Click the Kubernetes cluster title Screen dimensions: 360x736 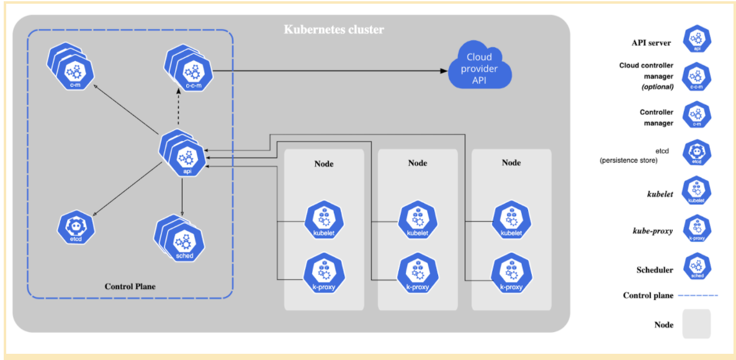pyautogui.click(x=334, y=30)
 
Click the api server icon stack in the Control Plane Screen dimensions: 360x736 pyautogui.click(x=184, y=155)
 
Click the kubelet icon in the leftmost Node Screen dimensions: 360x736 pyautogui.click(x=323, y=220)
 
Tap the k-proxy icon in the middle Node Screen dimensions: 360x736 pyautogui.click(x=417, y=274)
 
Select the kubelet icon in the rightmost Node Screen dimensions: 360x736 pyautogui.click(x=511, y=220)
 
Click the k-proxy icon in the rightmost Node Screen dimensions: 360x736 pyautogui.click(x=511, y=274)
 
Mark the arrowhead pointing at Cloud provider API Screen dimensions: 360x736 pyautogui.click(x=444, y=71)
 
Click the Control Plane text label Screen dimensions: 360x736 pyautogui.click(x=130, y=287)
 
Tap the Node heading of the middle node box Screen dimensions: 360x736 pyautogui.click(x=418, y=163)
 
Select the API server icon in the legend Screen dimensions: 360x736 pyautogui.click(x=696, y=39)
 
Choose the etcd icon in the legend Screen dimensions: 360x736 pyautogui.click(x=696, y=152)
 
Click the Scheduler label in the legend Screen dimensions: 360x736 pyautogui.click(x=655, y=270)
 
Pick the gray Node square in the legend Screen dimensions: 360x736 pyautogui.click(x=696, y=324)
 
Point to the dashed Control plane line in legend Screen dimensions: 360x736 pyautogui.click(x=698, y=295)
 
